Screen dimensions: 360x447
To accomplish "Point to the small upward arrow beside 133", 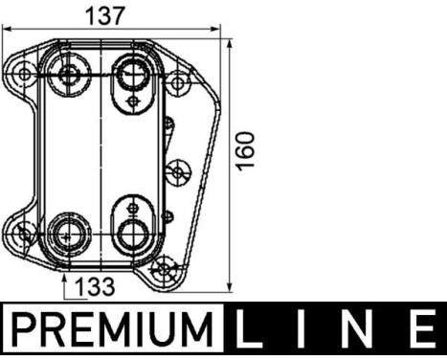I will click(x=64, y=285).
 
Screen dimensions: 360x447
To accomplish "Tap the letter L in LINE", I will click(x=252, y=331).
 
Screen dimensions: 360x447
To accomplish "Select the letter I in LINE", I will click(x=308, y=331).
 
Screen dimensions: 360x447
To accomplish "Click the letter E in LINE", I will click(x=422, y=331).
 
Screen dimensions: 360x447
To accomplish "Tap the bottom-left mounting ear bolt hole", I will click(x=24, y=231).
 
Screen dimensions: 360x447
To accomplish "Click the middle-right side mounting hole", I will click(x=176, y=173).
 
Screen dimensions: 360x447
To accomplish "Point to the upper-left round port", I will click(x=69, y=74).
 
